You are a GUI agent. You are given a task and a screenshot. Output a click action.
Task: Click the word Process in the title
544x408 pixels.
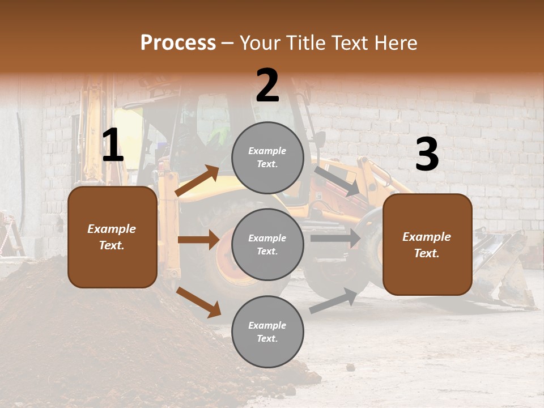[178, 42]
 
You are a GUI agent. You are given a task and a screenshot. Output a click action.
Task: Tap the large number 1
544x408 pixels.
[113, 146]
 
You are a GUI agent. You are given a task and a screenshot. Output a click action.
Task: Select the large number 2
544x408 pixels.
[267, 86]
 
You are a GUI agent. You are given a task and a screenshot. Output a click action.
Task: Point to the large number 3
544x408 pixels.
[427, 155]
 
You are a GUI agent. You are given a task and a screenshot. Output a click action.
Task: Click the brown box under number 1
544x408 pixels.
[112, 237]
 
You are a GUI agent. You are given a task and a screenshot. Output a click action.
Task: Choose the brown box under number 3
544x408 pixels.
[427, 244]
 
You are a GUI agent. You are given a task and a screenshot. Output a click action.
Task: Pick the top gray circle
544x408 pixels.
[267, 158]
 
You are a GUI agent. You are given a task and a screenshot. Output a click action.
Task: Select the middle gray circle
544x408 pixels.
[267, 244]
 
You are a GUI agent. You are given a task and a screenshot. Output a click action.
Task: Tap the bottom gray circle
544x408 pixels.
[267, 331]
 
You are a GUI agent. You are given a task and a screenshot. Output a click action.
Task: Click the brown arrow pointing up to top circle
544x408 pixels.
[197, 181]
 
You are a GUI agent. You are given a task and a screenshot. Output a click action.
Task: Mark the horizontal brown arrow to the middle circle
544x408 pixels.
[198, 240]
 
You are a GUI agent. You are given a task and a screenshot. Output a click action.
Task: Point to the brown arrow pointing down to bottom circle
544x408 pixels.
[198, 302]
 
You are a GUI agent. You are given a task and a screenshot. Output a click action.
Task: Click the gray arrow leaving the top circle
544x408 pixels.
[337, 181]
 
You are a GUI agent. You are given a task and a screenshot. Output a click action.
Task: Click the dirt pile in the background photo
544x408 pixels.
[85, 334]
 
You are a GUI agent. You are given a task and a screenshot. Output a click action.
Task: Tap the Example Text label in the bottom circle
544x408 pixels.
[267, 331]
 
